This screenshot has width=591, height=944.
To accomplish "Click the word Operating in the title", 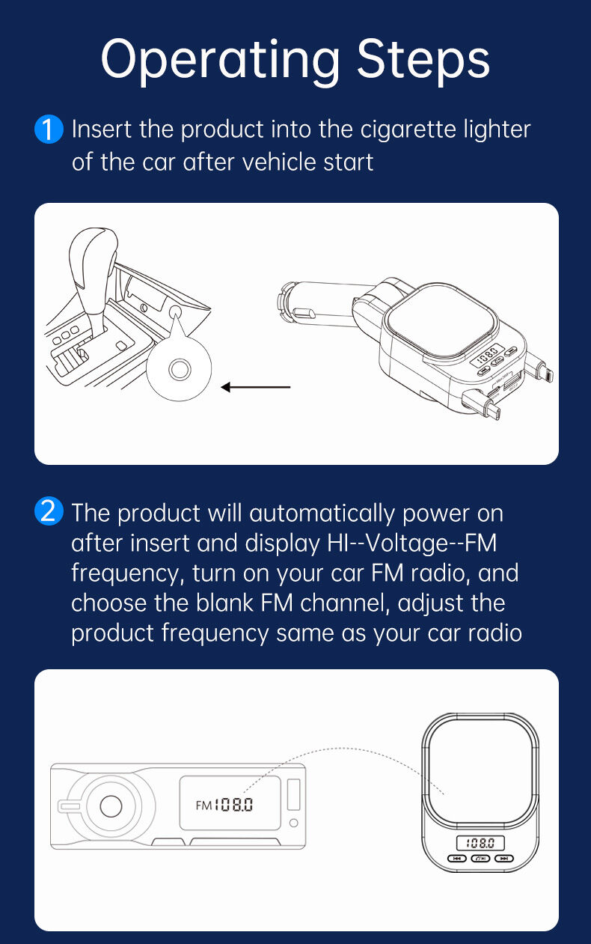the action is (220, 61).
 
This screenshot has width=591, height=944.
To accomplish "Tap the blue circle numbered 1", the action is (49, 129).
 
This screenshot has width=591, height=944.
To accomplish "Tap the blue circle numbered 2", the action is (49, 511).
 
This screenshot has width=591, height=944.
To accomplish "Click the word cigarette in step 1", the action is (408, 130).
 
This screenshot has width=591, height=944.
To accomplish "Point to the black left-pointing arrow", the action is (256, 387).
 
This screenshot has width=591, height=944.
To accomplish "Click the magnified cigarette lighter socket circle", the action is (179, 368).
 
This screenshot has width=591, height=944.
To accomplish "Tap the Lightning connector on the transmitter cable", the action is (546, 373).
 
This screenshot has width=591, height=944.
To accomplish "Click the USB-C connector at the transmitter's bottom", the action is (493, 409).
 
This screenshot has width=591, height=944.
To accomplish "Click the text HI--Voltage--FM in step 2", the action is (412, 543).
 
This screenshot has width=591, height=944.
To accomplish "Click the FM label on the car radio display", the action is (203, 806).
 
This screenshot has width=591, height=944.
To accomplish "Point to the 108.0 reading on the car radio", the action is (233, 805).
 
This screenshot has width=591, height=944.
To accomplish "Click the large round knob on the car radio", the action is (111, 806).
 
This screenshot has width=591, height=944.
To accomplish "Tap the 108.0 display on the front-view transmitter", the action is (480, 843).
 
